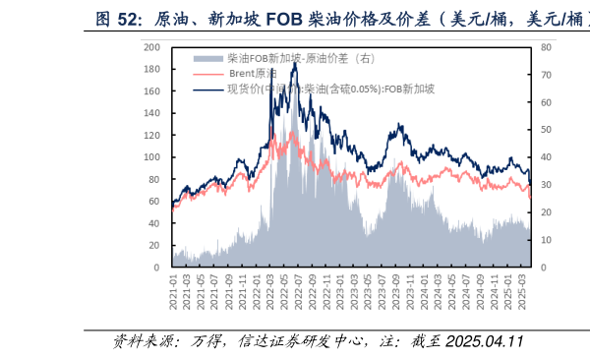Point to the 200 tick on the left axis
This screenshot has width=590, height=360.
pos(151,47)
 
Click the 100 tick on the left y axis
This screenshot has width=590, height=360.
pos(151,157)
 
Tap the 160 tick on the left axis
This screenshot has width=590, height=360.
pos(151,91)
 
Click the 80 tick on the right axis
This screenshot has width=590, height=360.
pos(547,47)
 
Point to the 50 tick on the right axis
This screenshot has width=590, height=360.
pos(547,130)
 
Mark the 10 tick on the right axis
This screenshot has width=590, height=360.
pos(547,240)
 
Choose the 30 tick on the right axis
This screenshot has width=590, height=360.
pos(547,185)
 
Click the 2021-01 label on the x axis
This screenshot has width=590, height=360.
pos(174,293)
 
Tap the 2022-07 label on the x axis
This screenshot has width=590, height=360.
pos(297,293)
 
